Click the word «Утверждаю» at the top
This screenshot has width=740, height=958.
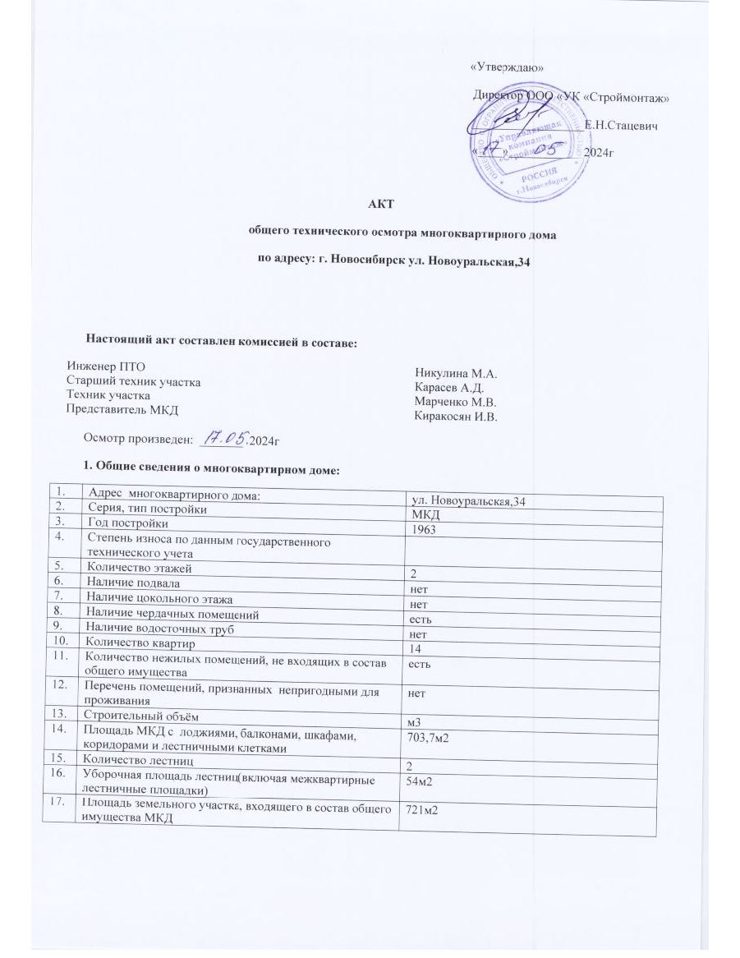506,67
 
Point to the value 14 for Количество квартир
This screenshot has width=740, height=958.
416,648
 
